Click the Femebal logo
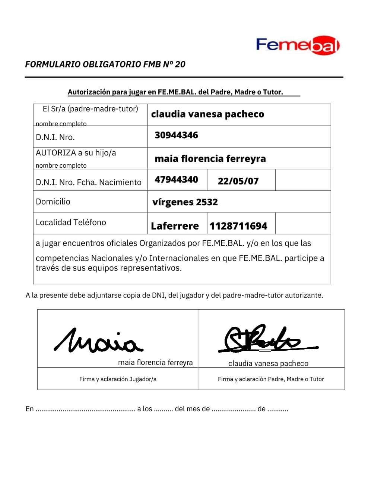[x=298, y=45]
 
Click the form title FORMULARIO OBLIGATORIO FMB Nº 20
[x=105, y=64]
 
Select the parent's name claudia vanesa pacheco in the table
[x=207, y=114]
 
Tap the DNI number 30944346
[x=176, y=135]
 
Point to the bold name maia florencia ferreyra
[x=210, y=159]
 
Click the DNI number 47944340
[x=176, y=180]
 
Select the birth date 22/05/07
[x=238, y=181]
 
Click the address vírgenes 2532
[x=185, y=202]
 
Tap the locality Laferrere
[x=175, y=226]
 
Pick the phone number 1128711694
[x=238, y=226]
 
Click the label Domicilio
[x=53, y=202]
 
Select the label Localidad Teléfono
[x=71, y=222]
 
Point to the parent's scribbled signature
[x=263, y=339]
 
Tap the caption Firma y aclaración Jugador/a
[x=118, y=379]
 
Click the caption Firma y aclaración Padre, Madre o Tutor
[x=271, y=379]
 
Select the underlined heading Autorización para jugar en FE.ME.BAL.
[x=175, y=92]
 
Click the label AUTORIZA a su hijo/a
[x=76, y=153]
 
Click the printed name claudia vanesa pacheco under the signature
[x=268, y=363]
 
